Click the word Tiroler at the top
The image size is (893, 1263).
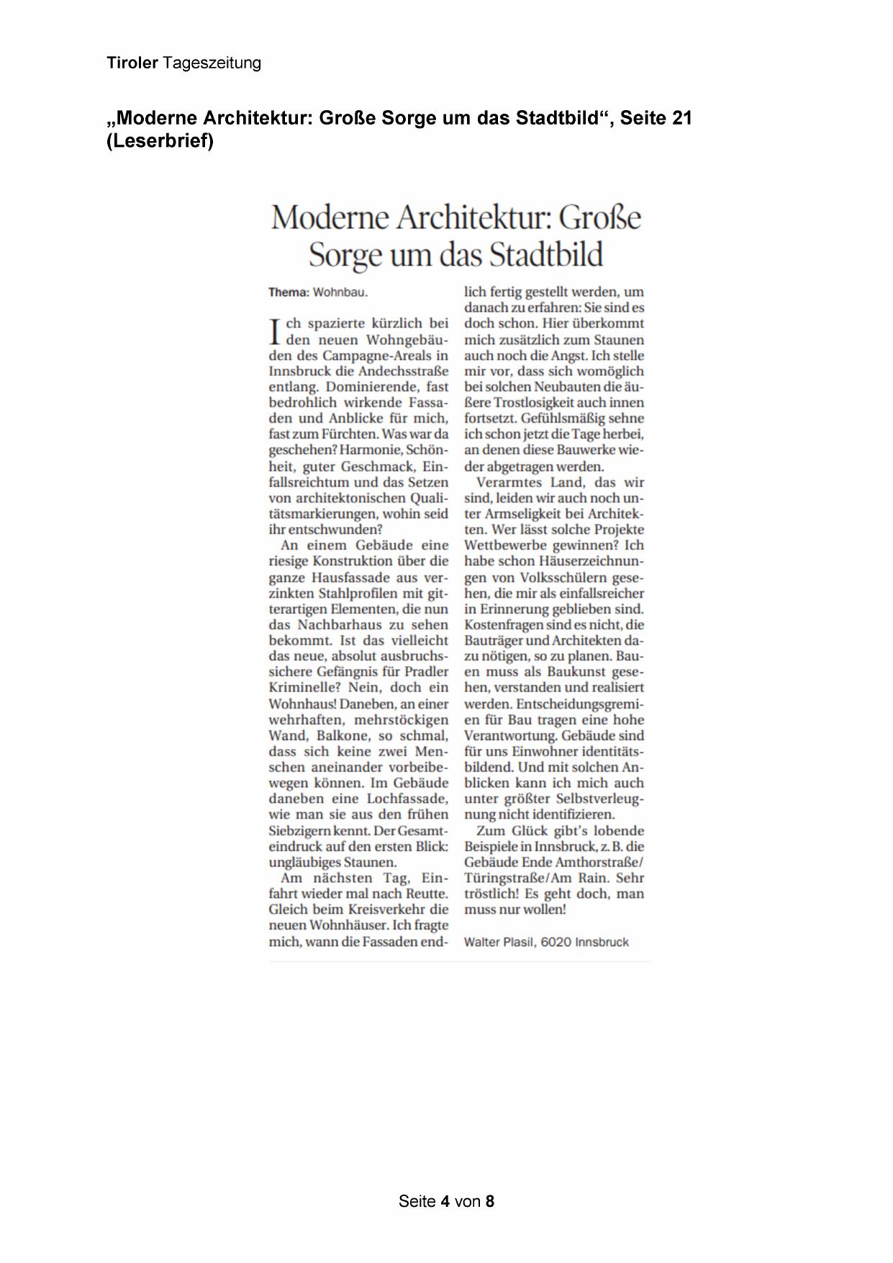pyautogui.click(x=132, y=63)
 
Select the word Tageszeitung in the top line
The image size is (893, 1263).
pyautogui.click(x=212, y=63)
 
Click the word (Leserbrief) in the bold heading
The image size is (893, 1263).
pyautogui.click(x=160, y=141)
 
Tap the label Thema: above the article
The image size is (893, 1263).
pyautogui.click(x=289, y=292)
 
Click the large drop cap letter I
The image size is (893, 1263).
pyautogui.click(x=273, y=332)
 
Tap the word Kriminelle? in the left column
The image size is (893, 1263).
pyautogui.click(x=304, y=688)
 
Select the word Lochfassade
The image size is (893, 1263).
pyautogui.click(x=407, y=799)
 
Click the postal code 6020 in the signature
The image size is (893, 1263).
pyautogui.click(x=556, y=942)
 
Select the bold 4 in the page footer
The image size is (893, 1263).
pyautogui.click(x=446, y=1201)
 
